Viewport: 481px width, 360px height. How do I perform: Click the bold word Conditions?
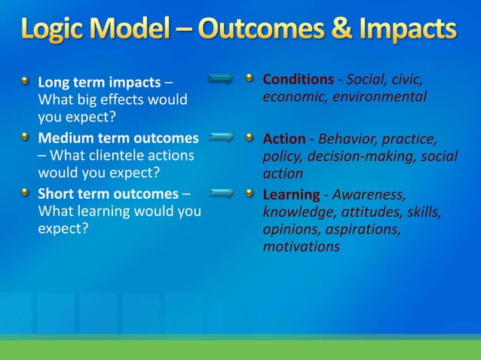298,80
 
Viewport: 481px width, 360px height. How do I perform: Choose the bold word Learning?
290,195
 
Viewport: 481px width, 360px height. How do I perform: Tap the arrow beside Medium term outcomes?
222,137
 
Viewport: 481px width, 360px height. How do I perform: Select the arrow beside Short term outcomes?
222,194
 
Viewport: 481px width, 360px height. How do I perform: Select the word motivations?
301,246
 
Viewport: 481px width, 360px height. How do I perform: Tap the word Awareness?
368,195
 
